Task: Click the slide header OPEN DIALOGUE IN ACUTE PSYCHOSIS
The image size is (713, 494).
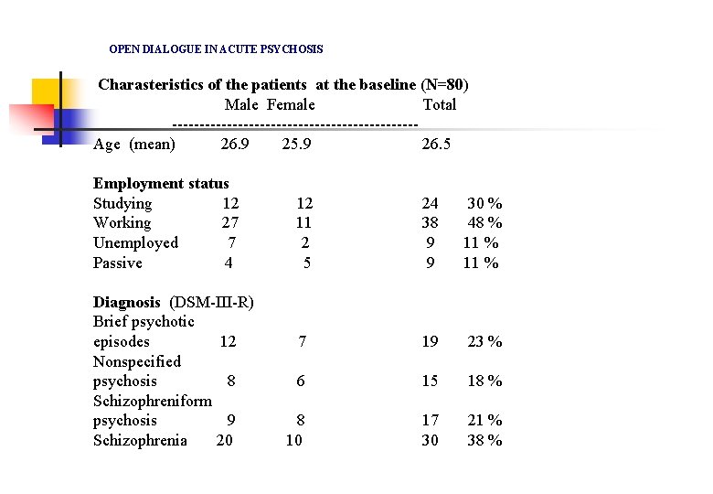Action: (x=216, y=48)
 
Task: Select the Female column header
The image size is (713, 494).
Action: (x=291, y=104)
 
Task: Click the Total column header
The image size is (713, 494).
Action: (x=439, y=104)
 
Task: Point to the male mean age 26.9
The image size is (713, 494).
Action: (x=235, y=144)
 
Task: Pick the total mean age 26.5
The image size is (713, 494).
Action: (x=436, y=144)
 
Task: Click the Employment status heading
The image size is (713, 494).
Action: (x=161, y=183)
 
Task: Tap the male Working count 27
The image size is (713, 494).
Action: (x=230, y=222)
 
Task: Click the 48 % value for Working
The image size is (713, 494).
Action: (x=484, y=222)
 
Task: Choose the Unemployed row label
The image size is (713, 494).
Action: (x=135, y=242)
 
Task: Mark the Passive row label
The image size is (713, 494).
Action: (x=118, y=263)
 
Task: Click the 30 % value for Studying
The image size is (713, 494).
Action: (x=484, y=203)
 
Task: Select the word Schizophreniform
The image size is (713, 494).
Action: (x=153, y=401)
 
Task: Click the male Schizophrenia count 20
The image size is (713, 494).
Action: (x=225, y=440)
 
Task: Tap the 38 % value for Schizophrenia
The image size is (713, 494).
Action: (x=484, y=440)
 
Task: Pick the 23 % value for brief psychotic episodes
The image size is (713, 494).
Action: (x=484, y=341)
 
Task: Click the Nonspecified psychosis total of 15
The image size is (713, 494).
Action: (x=430, y=381)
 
